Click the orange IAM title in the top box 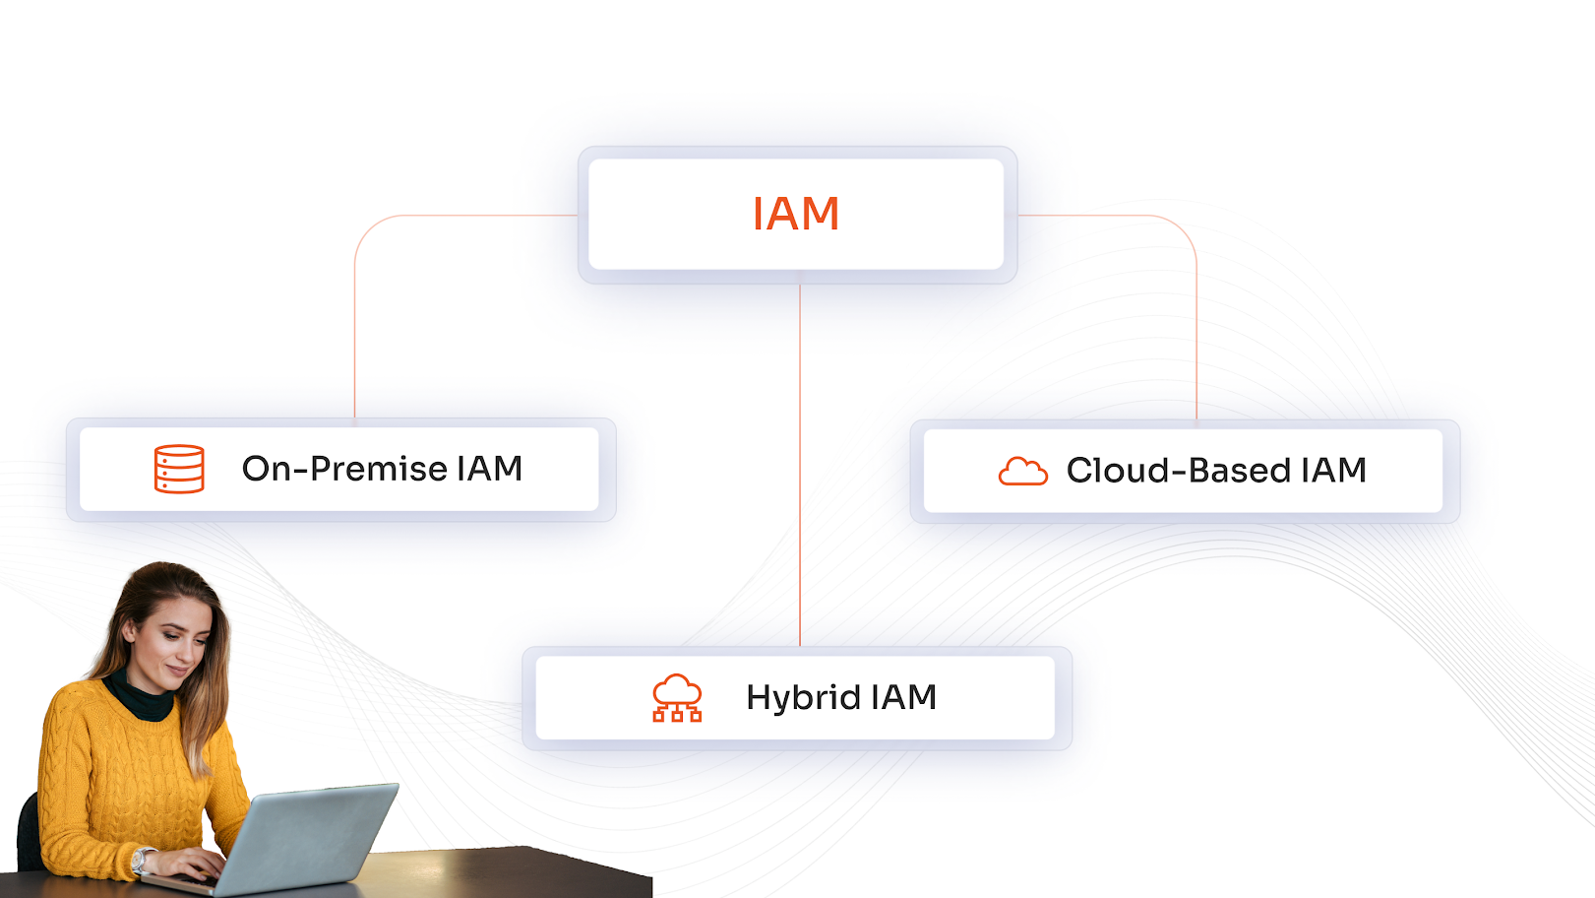point(795,214)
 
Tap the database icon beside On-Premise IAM point(179,469)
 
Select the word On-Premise point(344,469)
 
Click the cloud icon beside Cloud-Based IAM point(1022,472)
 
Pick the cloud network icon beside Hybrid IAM point(677,698)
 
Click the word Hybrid point(803,697)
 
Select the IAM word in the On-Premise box point(489,469)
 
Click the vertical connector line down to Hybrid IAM point(800,463)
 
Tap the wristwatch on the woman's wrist point(140,862)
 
